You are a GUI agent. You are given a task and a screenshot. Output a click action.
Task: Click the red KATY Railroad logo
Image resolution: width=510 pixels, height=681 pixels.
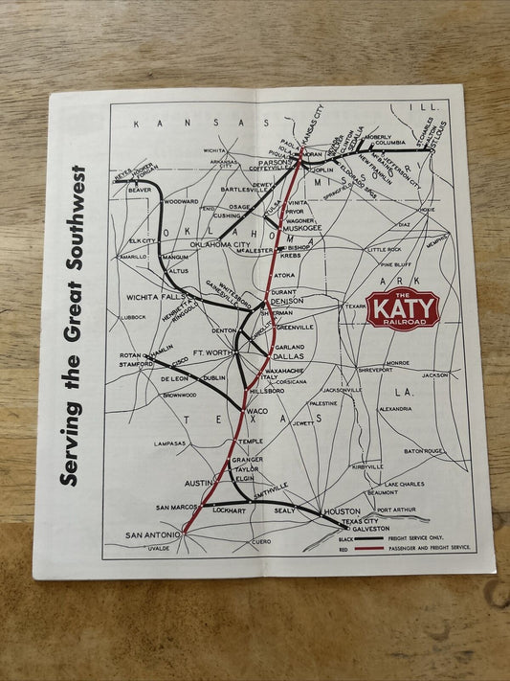(x=402, y=308)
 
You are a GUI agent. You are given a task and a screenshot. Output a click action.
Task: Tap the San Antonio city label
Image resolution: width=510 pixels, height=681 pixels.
(x=152, y=535)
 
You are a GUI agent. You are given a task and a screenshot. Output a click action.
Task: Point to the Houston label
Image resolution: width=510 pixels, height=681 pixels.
(x=342, y=511)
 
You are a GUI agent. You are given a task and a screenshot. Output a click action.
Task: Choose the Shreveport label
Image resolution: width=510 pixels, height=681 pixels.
(x=375, y=369)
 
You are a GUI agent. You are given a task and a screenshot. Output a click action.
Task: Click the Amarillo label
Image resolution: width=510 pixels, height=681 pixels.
(x=133, y=257)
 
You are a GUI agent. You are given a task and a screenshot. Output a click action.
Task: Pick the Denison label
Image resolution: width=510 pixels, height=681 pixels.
(x=287, y=301)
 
